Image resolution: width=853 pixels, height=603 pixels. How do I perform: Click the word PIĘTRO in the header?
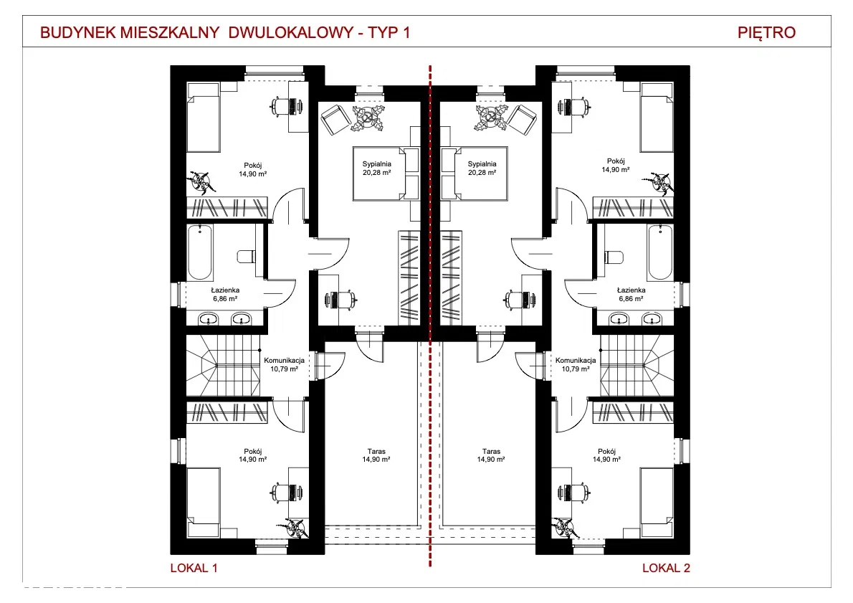click(x=766, y=33)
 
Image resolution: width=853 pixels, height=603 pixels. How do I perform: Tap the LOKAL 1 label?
click(x=194, y=568)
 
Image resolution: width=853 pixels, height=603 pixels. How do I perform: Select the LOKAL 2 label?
click(x=666, y=568)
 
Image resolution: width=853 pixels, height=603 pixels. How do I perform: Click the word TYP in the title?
click(x=383, y=33)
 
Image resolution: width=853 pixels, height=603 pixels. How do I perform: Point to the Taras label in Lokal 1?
click(x=376, y=451)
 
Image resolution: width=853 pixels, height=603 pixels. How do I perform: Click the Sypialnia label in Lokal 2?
click(x=482, y=163)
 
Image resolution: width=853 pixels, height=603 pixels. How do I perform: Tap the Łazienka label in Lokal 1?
click(x=225, y=290)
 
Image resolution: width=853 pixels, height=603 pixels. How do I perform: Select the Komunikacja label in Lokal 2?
click(x=576, y=360)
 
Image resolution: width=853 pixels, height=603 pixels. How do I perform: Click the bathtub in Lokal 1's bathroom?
click(x=200, y=252)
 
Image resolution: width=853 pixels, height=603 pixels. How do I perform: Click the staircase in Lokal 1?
click(x=223, y=365)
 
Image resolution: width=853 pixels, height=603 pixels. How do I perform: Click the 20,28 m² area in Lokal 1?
click(x=377, y=173)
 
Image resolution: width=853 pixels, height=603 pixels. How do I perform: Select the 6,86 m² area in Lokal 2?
click(x=631, y=299)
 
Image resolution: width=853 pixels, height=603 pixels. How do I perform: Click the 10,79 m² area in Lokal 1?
click(x=284, y=369)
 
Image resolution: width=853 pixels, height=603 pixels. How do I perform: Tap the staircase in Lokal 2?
click(x=637, y=365)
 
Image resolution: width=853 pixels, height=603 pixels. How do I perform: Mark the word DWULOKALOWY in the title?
click(x=291, y=33)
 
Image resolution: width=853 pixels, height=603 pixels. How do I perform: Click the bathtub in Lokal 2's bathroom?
click(x=660, y=252)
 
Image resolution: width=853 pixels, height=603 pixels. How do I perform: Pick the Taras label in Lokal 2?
click(x=491, y=451)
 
